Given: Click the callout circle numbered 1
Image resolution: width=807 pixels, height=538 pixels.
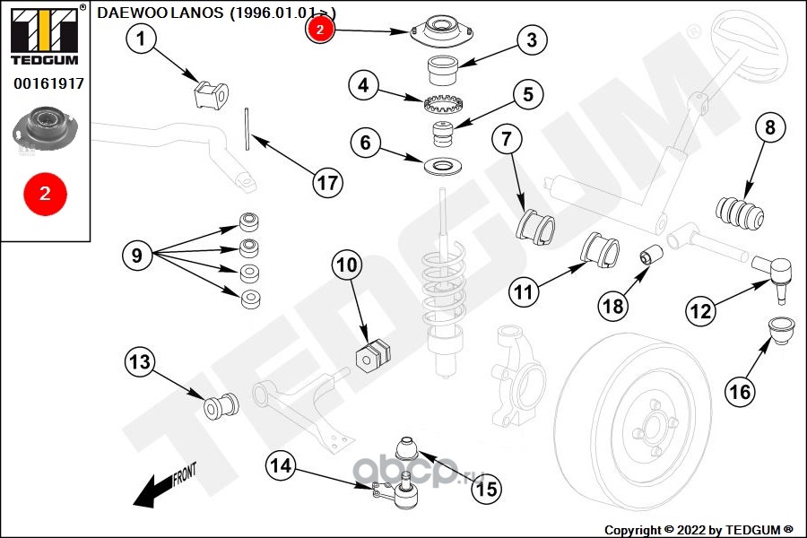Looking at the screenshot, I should (141, 39).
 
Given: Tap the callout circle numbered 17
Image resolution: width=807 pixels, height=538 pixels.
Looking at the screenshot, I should (328, 183).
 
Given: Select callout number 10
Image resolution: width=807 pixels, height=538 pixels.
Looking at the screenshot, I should (347, 265).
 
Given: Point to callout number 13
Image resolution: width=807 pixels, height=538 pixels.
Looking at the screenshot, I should (139, 363).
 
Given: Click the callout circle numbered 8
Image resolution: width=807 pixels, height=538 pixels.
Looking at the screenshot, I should (768, 127).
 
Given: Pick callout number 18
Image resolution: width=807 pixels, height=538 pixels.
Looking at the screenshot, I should (613, 306).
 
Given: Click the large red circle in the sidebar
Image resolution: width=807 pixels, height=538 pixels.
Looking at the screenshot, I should (44, 193).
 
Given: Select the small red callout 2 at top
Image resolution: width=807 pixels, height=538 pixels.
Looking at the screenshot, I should (320, 29).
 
